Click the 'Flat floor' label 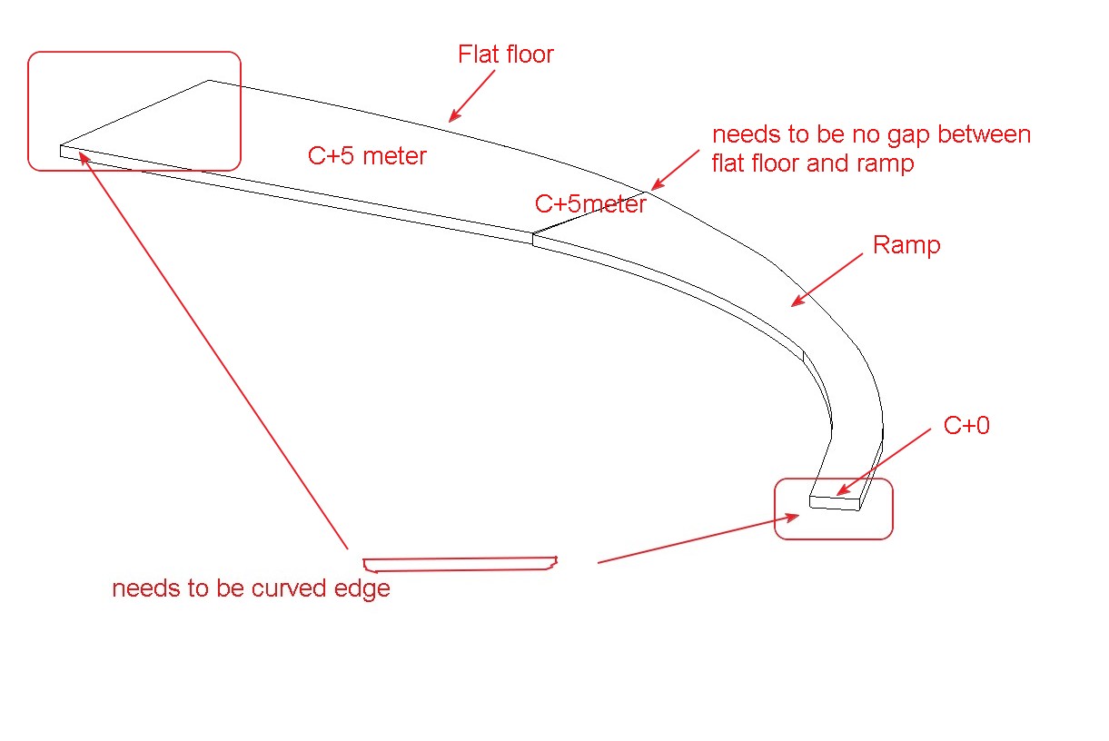point(506,54)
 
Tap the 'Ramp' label point(906,245)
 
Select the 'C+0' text point(966,425)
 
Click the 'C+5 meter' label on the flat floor point(367,156)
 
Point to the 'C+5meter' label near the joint point(590,203)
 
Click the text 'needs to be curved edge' point(251,588)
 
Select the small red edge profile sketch point(459,564)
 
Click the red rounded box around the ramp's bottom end point(833,537)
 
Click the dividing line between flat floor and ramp point(590,213)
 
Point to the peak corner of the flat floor point(209,80)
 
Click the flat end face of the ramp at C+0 point(834,503)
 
